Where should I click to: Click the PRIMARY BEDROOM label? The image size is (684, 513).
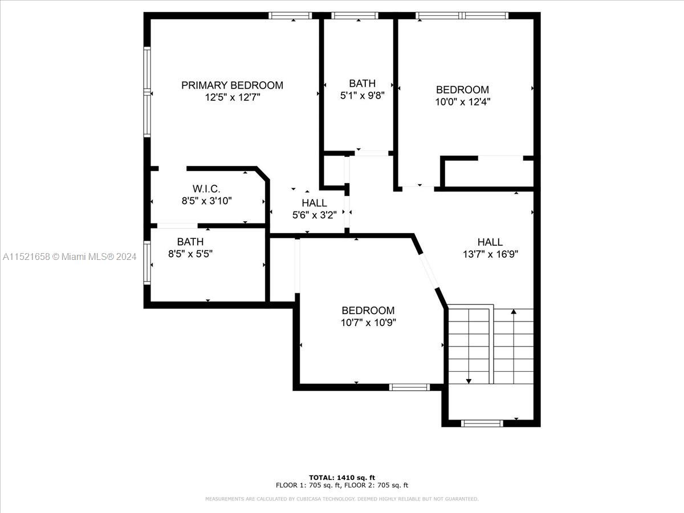[232, 85]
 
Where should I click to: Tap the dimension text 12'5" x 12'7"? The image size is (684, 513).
[232, 97]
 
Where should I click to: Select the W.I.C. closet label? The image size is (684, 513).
[206, 189]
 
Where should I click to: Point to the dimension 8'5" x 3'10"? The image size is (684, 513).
[206, 201]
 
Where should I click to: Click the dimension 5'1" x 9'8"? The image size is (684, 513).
[362, 95]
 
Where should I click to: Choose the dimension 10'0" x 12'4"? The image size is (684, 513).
[462, 102]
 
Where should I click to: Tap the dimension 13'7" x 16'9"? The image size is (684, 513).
[490, 254]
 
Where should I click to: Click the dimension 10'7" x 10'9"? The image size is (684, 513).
[368, 323]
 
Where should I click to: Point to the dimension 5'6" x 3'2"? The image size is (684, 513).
[314, 215]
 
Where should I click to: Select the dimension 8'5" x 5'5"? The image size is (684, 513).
[190, 254]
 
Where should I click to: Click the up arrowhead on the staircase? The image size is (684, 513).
[514, 311]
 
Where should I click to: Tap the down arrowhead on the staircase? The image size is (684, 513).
[469, 381]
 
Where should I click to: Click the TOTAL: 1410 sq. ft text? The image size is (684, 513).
[342, 478]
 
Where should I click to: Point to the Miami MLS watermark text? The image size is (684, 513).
[70, 256]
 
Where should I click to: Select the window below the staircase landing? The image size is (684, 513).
[482, 424]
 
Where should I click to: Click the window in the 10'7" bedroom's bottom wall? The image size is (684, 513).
[409, 387]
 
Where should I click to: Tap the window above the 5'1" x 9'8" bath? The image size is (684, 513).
[355, 15]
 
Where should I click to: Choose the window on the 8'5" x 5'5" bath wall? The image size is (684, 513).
[147, 263]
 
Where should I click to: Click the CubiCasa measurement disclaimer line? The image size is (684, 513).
[342, 499]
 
